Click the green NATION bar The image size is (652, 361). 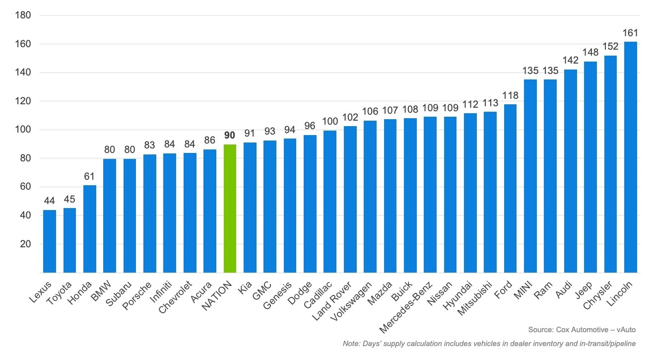pyautogui.click(x=230, y=209)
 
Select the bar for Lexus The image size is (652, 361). pyautogui.click(x=50, y=241)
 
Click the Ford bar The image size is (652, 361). pyautogui.click(x=510, y=188)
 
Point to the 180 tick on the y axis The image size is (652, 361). pyautogui.click(x=24, y=15)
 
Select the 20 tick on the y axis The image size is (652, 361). pyautogui.click(x=26, y=244)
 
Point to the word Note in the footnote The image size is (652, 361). pyautogui.click(x=350, y=344)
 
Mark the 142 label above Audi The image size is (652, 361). pyautogui.click(x=570, y=60)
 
